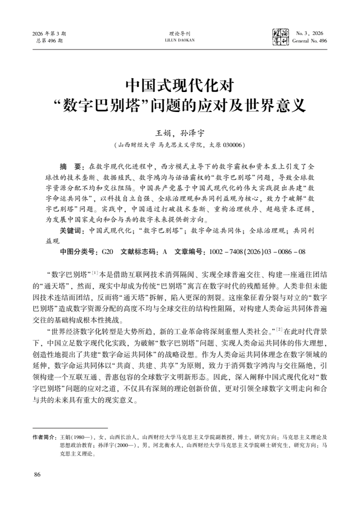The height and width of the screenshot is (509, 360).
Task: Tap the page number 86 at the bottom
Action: click(x=36, y=474)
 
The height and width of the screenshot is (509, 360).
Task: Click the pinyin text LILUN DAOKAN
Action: click(x=180, y=40)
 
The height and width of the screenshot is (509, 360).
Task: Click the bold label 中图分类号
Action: click(x=77, y=251)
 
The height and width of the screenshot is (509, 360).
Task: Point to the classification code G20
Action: click(x=107, y=251)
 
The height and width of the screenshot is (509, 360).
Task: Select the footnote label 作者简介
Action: click(x=44, y=436)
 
